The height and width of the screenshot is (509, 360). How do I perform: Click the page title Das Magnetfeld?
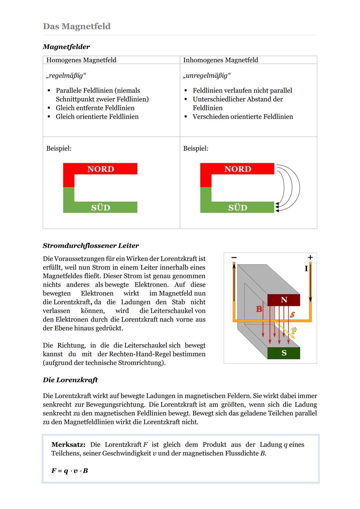point(77,26)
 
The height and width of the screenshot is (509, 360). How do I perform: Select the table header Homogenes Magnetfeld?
point(81,60)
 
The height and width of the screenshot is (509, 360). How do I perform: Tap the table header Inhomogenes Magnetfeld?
point(221,60)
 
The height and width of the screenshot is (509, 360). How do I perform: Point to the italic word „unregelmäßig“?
point(207,76)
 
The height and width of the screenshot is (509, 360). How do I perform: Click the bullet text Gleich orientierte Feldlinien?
point(97,117)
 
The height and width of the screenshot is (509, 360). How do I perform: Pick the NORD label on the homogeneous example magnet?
point(101,169)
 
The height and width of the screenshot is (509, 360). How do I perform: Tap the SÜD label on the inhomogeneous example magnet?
point(238,208)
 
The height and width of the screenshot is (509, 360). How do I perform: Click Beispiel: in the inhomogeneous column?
point(196,148)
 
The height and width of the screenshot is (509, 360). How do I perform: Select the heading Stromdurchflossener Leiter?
point(91,246)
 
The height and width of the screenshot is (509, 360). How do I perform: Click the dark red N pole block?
point(284,300)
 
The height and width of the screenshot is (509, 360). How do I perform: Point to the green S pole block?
point(284,353)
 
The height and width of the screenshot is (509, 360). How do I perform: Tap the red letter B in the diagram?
point(259,309)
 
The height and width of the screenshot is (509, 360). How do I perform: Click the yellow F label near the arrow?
point(294,331)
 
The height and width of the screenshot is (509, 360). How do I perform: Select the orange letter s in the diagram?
point(292,314)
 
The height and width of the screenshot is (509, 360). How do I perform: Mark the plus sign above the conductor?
point(310,257)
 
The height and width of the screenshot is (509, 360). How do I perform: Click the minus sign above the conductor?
point(234,257)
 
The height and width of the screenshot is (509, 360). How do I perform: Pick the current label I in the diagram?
point(306,268)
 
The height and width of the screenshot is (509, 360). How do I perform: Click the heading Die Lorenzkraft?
point(70,380)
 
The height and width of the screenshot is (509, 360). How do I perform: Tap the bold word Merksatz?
point(68,445)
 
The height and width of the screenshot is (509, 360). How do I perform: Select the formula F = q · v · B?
point(70,471)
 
